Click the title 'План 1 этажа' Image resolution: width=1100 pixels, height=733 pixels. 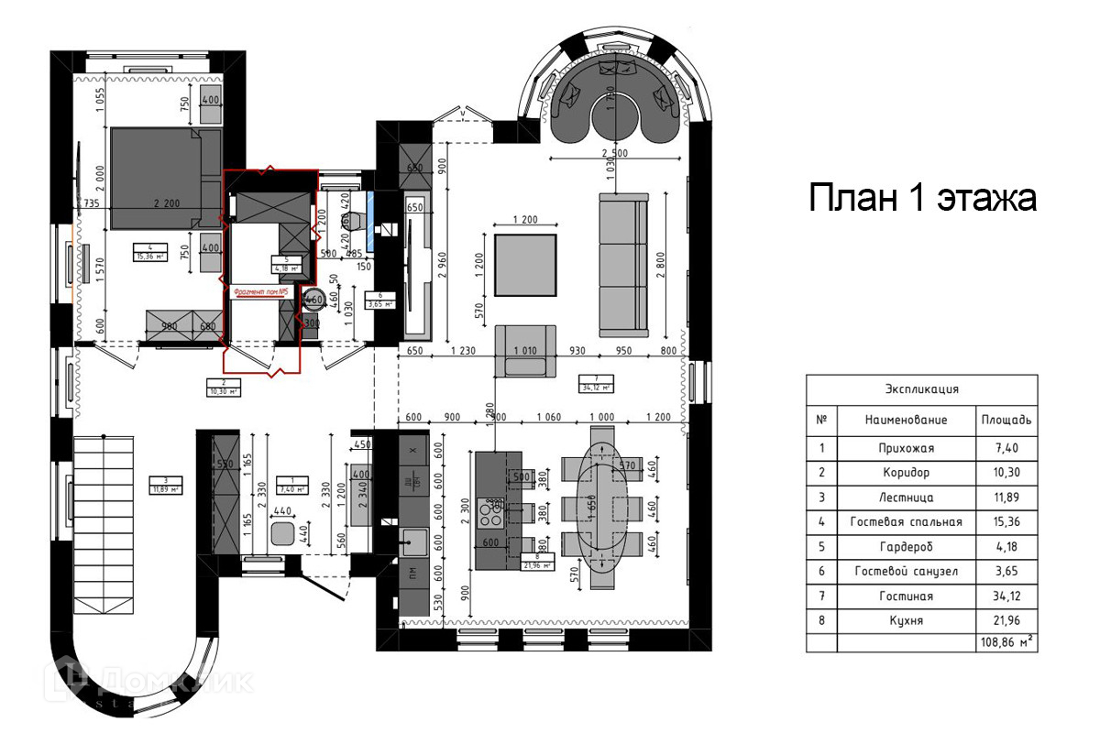pos(922,198)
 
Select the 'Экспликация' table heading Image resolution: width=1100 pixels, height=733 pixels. pos(921,388)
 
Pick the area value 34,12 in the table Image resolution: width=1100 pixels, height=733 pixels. pos(1006,596)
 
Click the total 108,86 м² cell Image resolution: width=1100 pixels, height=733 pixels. pos(1006,643)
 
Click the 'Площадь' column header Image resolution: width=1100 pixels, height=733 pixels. pos(1006,420)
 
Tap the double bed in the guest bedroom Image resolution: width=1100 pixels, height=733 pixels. pos(165,177)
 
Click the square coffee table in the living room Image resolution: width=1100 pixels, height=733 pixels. pos(524,265)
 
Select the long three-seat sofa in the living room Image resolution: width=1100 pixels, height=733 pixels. pos(623,264)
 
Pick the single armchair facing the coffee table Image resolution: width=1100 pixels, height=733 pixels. pos(525,350)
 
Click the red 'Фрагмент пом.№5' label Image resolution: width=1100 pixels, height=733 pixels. pos(262,292)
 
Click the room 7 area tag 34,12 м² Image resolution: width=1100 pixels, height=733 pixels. pos(596,381)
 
